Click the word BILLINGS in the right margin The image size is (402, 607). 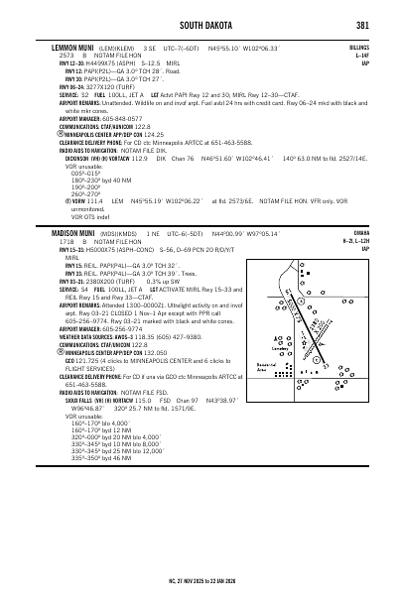coord(357,47)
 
